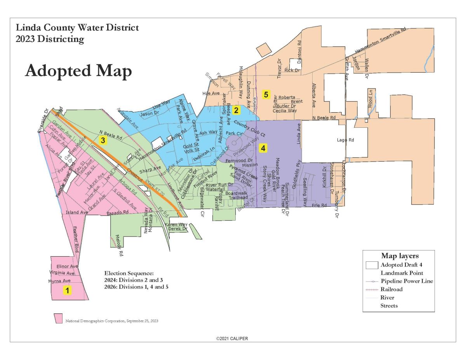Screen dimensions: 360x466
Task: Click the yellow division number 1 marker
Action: coord(67,290)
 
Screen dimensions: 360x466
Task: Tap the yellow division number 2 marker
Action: coord(236,110)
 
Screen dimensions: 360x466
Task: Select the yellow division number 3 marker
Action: coord(103,141)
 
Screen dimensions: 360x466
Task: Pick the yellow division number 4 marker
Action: coord(263,148)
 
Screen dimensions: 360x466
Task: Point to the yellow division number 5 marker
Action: coord(266,94)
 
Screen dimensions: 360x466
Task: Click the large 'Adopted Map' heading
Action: coord(78,71)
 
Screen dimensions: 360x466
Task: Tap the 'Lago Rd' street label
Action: coord(344,140)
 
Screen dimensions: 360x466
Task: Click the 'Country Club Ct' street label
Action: coord(250,129)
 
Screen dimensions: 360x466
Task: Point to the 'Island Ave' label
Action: coord(77,212)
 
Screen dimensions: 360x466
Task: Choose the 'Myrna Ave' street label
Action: coord(59,281)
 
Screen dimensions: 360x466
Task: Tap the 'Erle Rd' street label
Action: coord(319,205)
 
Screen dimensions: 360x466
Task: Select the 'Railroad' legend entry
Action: coord(391,289)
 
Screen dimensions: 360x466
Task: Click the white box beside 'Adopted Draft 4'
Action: coord(371,265)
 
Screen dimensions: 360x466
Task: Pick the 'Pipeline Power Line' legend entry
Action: coord(407,281)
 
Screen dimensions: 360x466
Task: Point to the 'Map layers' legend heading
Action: coord(400,256)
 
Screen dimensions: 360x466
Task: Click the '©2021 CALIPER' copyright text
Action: coord(232,339)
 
